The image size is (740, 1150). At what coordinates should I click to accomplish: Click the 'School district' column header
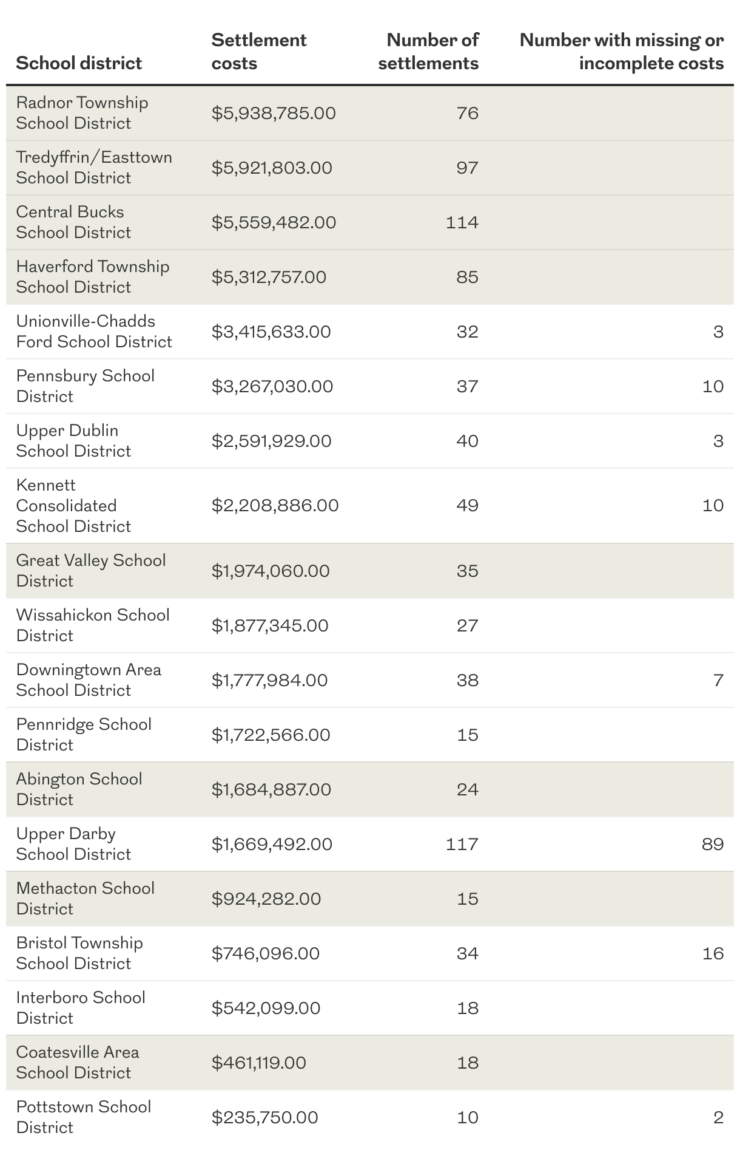pos(79,63)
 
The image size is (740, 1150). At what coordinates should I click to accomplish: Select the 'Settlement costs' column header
pos(259,52)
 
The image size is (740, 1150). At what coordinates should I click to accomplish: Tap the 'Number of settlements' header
pos(429,52)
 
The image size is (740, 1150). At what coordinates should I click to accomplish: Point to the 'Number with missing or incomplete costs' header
pos(622,52)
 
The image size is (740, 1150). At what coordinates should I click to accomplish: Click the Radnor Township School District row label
pos(82,113)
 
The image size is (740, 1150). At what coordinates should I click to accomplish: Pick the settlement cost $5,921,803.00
pos(272,168)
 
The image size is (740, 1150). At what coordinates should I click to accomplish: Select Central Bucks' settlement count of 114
pos(462,222)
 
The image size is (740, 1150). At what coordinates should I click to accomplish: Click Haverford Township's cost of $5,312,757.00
pos(269,277)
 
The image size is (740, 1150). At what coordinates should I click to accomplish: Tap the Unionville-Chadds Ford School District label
pos(94,332)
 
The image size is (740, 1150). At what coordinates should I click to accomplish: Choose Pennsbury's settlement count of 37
pos(468,386)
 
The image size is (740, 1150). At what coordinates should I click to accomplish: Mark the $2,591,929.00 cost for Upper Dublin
pos(271,441)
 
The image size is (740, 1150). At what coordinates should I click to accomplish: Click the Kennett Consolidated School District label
pos(73,505)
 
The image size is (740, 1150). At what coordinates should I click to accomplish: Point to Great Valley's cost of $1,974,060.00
pos(271,571)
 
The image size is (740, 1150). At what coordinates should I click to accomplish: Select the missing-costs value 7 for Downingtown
pos(718,680)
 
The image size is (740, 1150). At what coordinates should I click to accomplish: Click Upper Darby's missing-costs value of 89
pos(713,844)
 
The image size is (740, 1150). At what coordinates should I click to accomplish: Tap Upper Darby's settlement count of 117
pos(462,844)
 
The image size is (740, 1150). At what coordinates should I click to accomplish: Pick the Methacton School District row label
pos(86,899)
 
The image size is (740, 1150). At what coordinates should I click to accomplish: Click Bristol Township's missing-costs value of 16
pos(713,953)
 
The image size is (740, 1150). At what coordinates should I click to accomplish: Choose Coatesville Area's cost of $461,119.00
pos(259,1063)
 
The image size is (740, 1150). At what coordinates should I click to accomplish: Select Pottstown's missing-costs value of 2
pos(718,1117)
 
